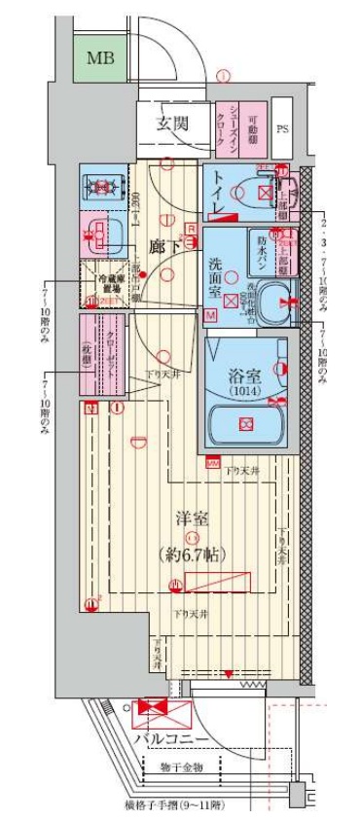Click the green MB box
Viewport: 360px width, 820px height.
pos(99,59)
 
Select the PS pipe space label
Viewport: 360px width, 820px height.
pos(283,127)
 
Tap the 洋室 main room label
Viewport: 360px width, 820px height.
pos(192,518)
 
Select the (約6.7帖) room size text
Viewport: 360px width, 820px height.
pos(194,553)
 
